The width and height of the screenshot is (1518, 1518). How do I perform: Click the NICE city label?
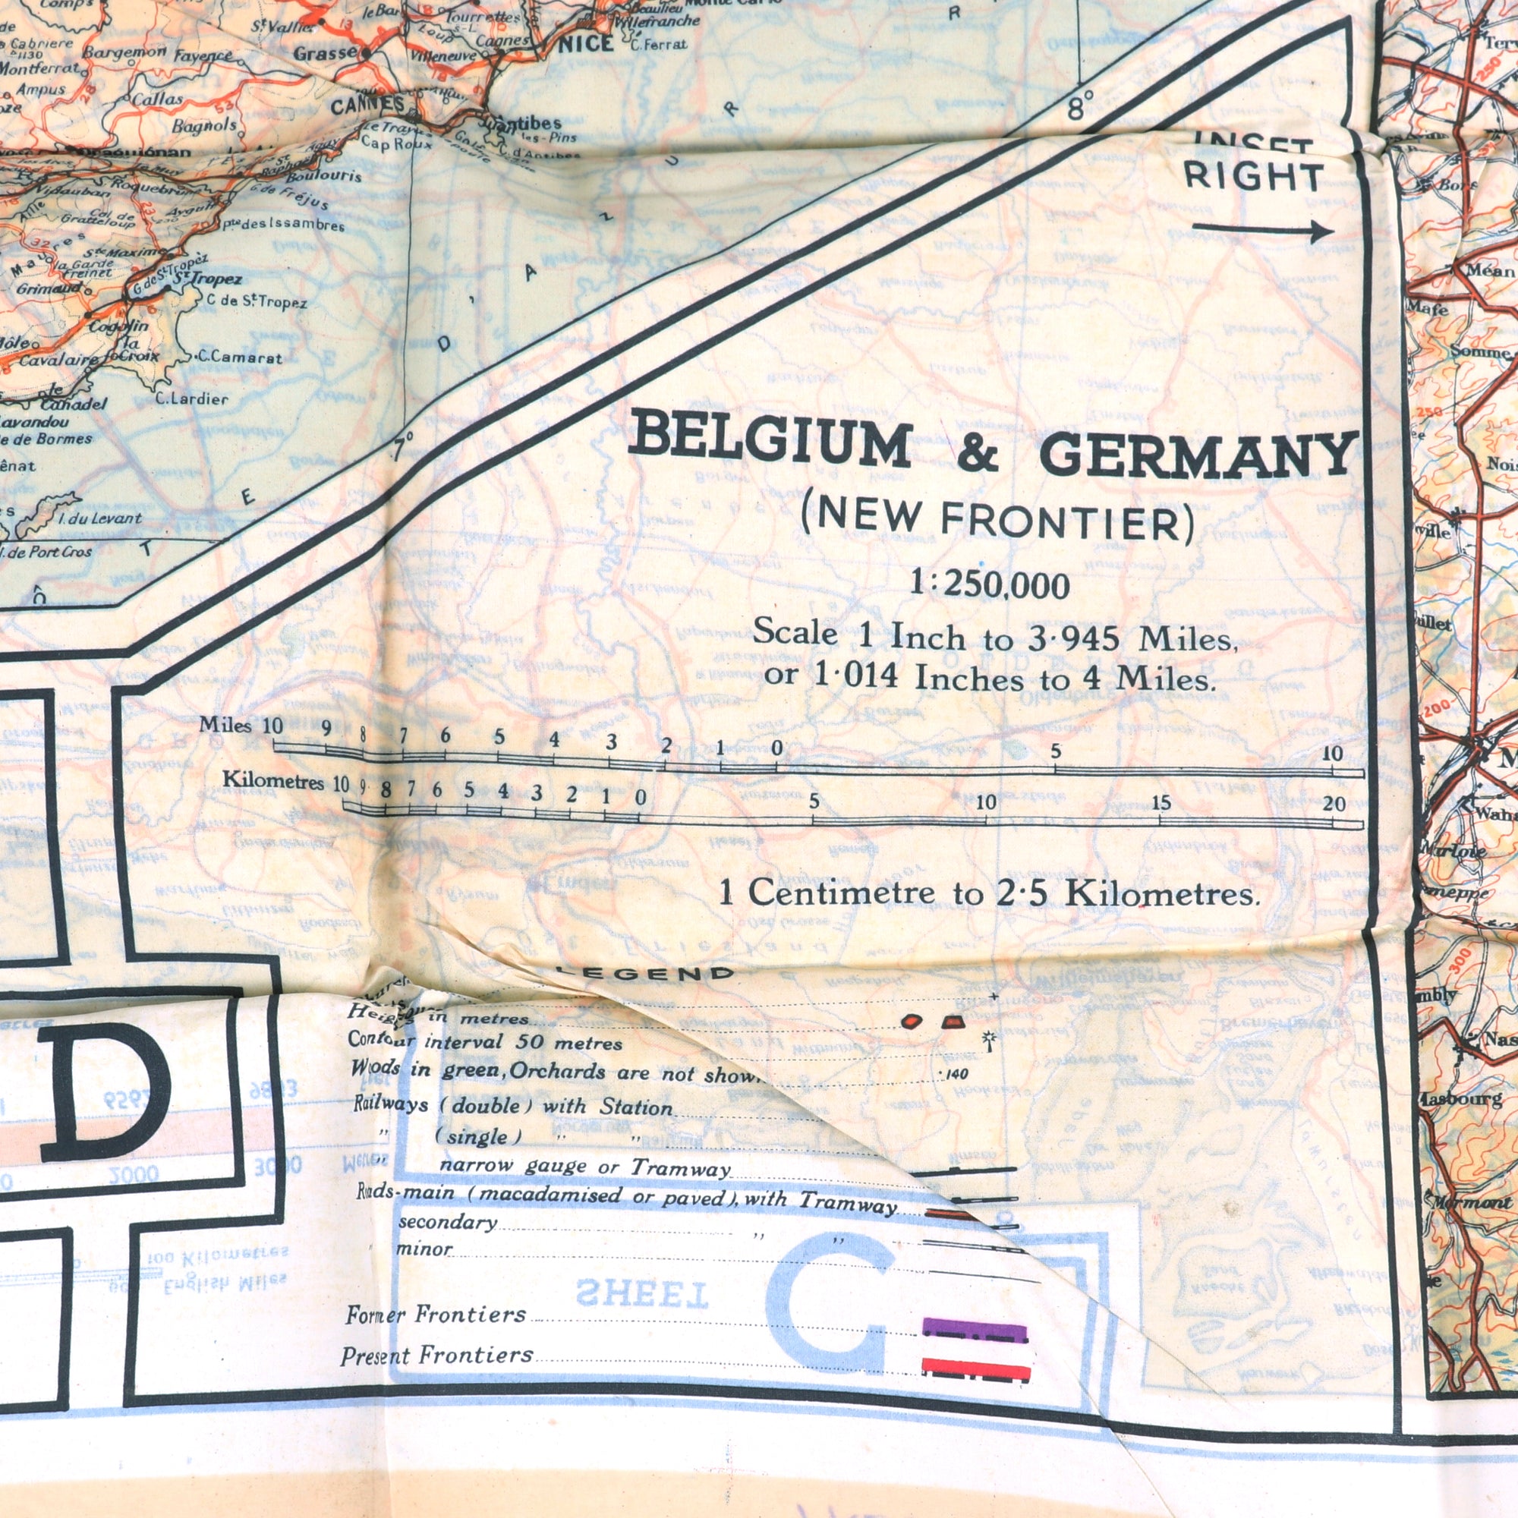point(585,46)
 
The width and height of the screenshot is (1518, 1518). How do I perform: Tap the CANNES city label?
point(367,106)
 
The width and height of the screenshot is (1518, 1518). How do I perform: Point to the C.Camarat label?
point(240,357)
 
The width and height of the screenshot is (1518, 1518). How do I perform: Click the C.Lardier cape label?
point(192,399)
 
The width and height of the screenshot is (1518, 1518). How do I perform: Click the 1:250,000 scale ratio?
point(989,585)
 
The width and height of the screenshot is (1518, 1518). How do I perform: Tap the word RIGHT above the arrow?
point(1253,177)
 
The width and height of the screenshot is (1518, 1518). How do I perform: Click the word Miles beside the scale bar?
point(225,724)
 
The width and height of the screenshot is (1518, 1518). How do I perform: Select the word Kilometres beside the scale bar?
point(272,781)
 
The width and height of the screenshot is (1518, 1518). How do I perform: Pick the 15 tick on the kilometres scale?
point(1161,803)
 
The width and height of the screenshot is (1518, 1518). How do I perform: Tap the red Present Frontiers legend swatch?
point(975,1368)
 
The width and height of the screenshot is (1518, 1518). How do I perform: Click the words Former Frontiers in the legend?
point(435,1315)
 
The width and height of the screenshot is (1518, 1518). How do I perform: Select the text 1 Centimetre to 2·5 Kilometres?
point(989,894)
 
